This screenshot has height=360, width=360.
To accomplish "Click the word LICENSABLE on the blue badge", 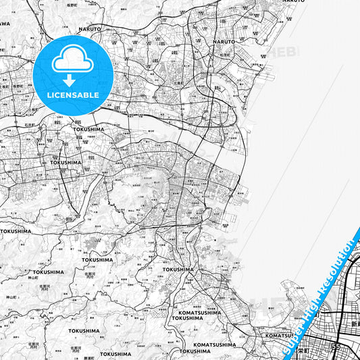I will click(x=72, y=95).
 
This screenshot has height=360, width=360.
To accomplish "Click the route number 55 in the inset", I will click(x=336, y=346).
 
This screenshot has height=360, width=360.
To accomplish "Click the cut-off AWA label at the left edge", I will click(x=5, y=23).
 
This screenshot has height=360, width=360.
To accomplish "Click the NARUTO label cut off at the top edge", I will click(x=293, y=2).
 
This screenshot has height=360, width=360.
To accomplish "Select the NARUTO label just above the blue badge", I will click(x=89, y=29).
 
